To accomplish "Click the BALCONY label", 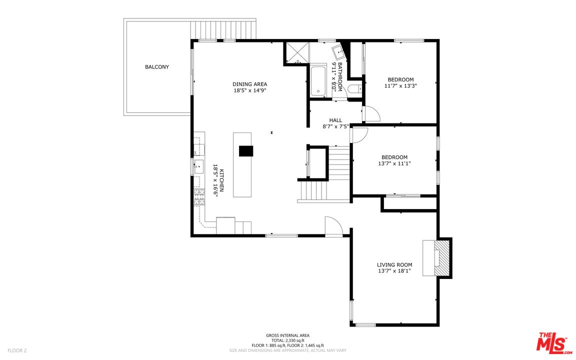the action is pyautogui.click(x=157, y=67).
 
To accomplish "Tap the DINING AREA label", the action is pyautogui.click(x=250, y=84).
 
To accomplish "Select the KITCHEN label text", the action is pyautogui.click(x=221, y=180).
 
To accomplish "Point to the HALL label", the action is pyautogui.click(x=335, y=120).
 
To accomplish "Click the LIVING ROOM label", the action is pyautogui.click(x=394, y=265).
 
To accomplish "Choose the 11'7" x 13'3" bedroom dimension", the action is pyautogui.click(x=401, y=86).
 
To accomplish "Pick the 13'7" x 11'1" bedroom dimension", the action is pyautogui.click(x=394, y=163).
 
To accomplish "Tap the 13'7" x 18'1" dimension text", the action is pyautogui.click(x=394, y=271).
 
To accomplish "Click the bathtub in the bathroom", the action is pyautogui.click(x=318, y=81).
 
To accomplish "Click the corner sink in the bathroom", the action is pyautogui.click(x=338, y=52).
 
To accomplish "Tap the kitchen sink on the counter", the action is pyautogui.click(x=198, y=166).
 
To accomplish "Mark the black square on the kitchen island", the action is pyautogui.click(x=246, y=151).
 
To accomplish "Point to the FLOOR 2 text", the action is pyautogui.click(x=17, y=350).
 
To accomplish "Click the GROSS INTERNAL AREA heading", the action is pyautogui.click(x=287, y=335).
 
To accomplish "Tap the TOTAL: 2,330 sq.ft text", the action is pyautogui.click(x=287, y=340).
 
